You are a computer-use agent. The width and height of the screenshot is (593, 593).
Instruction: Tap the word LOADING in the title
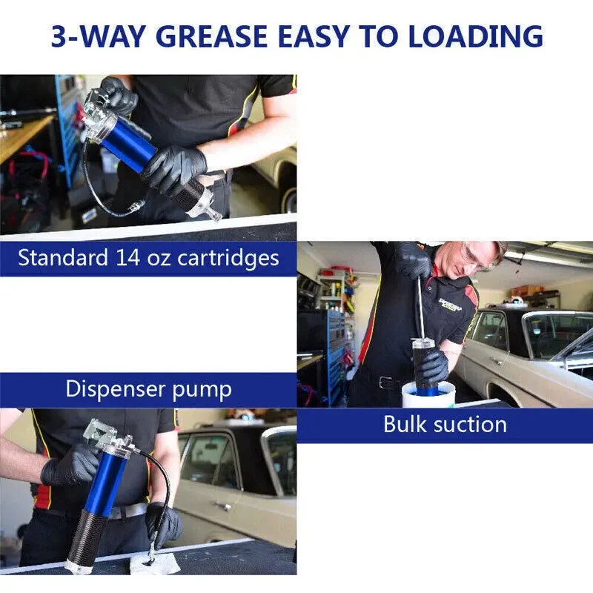(x=476, y=36)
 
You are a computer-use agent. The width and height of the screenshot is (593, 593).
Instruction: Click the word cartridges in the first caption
(x=228, y=258)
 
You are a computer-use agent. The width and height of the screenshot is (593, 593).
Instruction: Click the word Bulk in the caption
(x=405, y=424)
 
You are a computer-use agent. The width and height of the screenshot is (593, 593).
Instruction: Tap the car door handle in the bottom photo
(x=222, y=506)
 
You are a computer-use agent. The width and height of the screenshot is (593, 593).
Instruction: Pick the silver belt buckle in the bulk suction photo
(x=385, y=382)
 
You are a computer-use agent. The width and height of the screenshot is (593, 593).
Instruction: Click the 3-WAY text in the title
(x=99, y=36)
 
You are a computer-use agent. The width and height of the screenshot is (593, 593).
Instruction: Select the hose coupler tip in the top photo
(x=136, y=207)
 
